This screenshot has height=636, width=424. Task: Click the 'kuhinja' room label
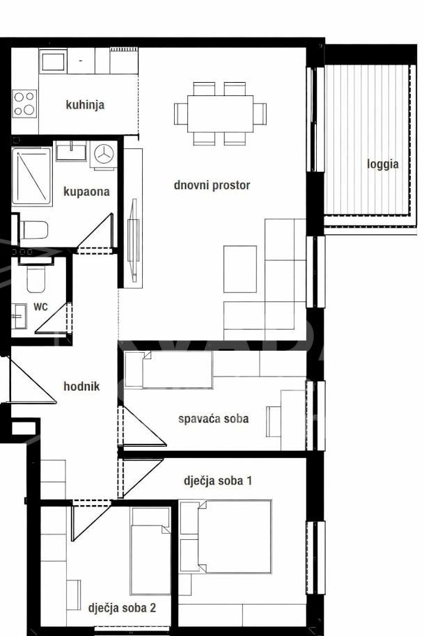click(85, 104)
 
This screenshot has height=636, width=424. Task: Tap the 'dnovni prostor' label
click(212, 185)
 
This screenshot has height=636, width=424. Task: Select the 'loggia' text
click(383, 164)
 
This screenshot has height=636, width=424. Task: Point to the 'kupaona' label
click(86, 191)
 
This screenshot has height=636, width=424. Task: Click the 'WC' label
click(40, 307)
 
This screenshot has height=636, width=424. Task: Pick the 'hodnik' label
click(81, 386)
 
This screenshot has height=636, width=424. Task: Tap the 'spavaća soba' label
click(214, 419)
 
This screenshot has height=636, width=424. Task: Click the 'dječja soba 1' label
click(218, 481)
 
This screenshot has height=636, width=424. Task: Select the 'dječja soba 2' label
click(122, 607)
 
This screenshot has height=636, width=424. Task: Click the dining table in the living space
click(220, 113)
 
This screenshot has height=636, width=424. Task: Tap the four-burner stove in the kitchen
click(24, 104)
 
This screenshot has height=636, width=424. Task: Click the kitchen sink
click(53, 61)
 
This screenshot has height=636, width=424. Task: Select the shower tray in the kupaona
click(31, 177)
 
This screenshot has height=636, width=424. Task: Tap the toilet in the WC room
click(36, 275)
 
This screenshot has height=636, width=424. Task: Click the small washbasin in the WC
click(19, 316)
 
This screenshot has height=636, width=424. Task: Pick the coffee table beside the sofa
click(240, 269)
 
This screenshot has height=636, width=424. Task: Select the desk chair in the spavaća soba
click(274, 422)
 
